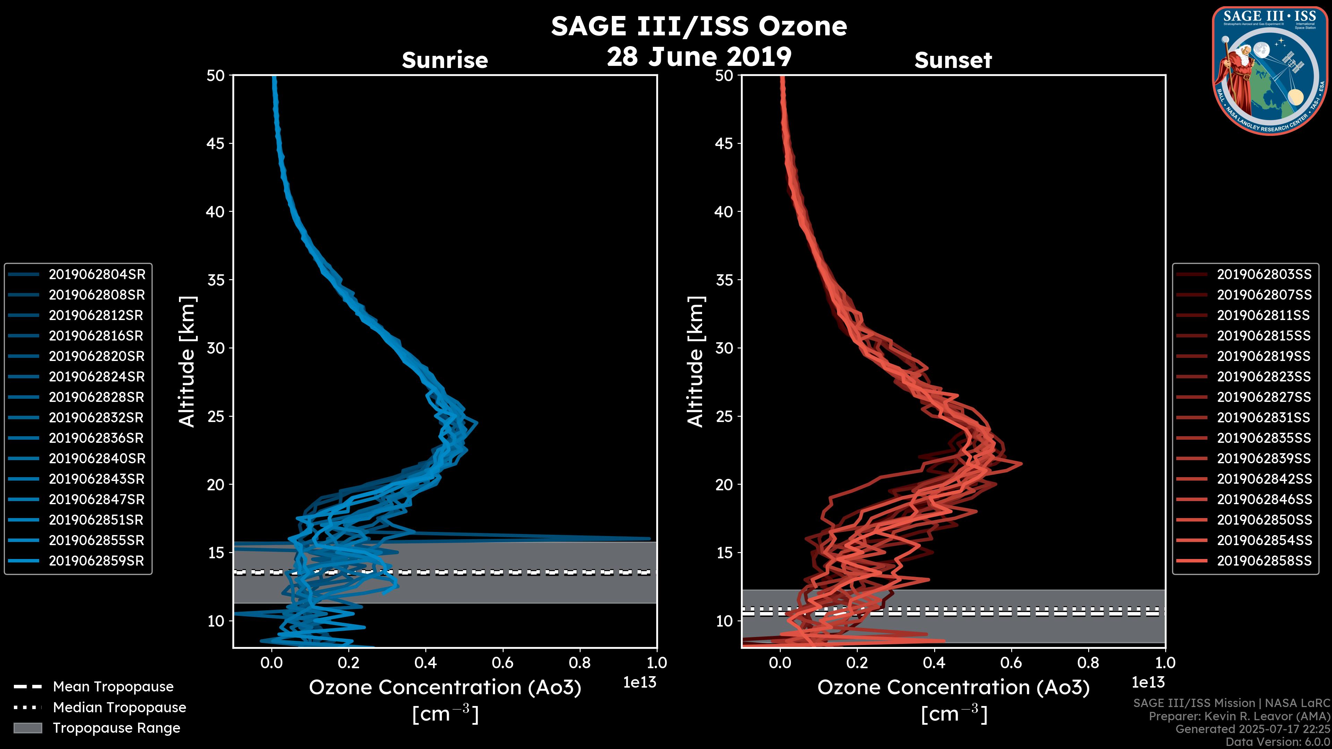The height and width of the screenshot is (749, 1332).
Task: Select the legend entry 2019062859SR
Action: point(96,561)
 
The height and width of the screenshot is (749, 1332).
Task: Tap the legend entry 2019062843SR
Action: point(96,479)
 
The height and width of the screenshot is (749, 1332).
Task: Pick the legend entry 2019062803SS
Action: point(1264,275)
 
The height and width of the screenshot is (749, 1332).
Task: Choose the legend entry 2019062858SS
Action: point(1264,561)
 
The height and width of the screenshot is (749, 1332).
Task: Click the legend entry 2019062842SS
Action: point(1264,479)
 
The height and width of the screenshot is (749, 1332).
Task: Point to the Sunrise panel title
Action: point(445,60)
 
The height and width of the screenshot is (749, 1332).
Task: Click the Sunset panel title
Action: point(953,60)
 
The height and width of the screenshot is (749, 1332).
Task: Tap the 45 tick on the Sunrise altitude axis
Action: point(216,144)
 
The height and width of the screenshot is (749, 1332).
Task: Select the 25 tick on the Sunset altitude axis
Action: point(724,416)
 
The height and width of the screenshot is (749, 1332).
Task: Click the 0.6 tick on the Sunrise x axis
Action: point(503,663)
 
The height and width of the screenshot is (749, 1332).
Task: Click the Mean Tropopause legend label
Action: point(113,687)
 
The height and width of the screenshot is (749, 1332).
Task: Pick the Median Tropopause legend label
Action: point(119,708)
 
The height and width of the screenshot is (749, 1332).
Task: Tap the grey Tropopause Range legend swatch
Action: point(28,728)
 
